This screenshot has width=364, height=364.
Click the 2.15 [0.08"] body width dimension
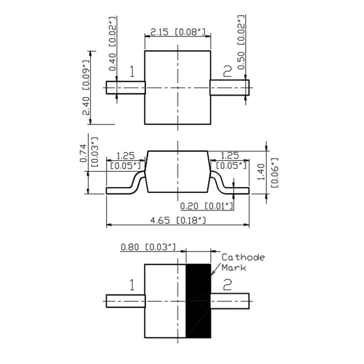178,32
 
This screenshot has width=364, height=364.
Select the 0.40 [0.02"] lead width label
113,44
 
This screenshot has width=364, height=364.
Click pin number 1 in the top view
132,72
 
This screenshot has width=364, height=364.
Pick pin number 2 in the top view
227,71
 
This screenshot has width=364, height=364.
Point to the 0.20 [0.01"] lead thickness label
207,207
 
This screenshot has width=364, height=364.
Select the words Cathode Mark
243,263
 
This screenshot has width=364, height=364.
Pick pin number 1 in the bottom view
132,286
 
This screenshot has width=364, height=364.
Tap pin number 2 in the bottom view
227,285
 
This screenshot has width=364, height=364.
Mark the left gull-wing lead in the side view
127,187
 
